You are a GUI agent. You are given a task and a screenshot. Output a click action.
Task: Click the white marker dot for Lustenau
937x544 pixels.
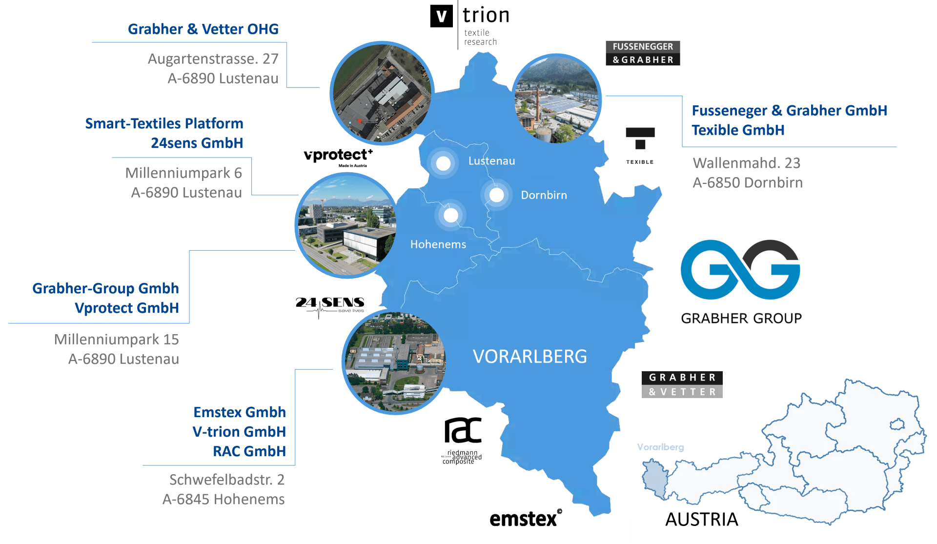[443, 163]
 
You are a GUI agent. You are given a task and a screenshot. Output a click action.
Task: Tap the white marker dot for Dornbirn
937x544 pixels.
[496, 195]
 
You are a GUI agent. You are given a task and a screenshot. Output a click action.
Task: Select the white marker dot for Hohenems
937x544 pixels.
[451, 215]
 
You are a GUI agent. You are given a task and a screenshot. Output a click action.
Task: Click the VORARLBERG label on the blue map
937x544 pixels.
[530, 357]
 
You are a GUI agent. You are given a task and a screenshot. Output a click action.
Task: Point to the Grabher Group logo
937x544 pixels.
[740, 283]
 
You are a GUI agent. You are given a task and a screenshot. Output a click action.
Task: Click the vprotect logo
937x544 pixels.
[337, 157]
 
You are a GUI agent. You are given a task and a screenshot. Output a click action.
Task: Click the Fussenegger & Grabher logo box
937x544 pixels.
[643, 53]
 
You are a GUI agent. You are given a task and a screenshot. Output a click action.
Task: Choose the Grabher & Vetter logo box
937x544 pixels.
[682, 384]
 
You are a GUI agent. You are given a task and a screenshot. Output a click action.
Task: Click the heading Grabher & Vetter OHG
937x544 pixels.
[203, 29]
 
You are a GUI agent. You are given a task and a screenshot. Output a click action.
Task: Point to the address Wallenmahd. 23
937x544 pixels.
[746, 163]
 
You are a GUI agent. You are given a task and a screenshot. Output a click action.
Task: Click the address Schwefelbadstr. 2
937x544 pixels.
[227, 480]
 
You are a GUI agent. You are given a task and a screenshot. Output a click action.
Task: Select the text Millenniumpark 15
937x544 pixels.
[116, 339]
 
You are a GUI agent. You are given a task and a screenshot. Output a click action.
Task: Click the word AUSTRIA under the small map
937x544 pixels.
[701, 520]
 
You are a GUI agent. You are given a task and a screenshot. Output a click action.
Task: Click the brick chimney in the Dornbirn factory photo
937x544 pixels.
[538, 105]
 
